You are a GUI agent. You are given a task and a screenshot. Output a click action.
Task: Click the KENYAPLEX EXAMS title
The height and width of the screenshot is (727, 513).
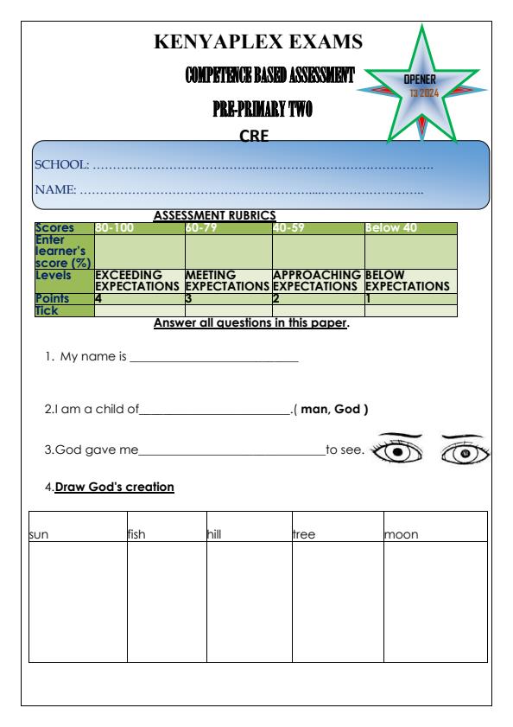[257, 41]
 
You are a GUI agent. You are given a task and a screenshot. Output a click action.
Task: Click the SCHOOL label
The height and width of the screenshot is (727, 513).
[61, 164]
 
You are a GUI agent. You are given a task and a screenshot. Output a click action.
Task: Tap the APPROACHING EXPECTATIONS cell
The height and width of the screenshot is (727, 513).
[318, 280]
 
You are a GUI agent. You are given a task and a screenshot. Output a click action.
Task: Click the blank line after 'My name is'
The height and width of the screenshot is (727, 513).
[213, 358]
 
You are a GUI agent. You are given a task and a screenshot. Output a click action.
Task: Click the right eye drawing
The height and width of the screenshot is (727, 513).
[465, 451]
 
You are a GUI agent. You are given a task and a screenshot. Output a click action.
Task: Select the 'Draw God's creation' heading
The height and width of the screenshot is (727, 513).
[115, 488]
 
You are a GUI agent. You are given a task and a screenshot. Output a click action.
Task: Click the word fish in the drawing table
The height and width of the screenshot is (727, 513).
[139, 534]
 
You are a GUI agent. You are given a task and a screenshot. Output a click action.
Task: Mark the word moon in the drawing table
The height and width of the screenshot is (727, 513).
[401, 534]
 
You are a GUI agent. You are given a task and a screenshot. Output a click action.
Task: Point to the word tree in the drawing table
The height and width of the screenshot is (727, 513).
[304, 534]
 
